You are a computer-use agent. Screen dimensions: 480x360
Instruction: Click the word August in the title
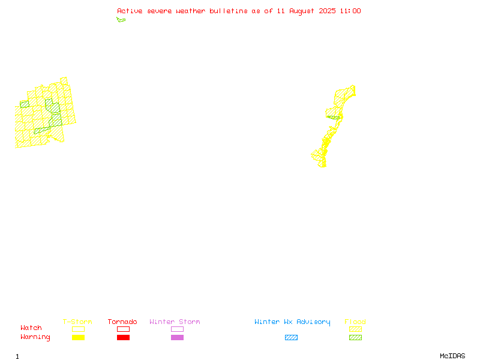pyautogui.click(x=302, y=11)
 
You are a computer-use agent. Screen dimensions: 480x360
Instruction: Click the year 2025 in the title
pyautogui.click(x=327, y=11)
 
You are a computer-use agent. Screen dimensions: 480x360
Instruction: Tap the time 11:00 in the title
pyautogui.click(x=350, y=11)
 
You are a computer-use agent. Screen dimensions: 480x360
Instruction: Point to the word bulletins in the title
pyautogui.click(x=229, y=11)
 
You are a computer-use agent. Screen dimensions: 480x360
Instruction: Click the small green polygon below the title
pyautogui.click(x=121, y=20)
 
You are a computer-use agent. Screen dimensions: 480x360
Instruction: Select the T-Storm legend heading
pyautogui.click(x=77, y=322)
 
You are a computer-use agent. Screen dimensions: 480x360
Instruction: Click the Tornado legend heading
pyautogui.click(x=122, y=322)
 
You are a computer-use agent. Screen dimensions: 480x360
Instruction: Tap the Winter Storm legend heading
pyautogui.click(x=175, y=322)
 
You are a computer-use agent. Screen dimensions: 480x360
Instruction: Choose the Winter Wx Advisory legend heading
pyautogui.click(x=292, y=322)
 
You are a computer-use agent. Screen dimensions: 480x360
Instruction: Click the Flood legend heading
pyautogui.click(x=355, y=322)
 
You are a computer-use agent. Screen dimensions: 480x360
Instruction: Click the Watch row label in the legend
pyautogui.click(x=31, y=328)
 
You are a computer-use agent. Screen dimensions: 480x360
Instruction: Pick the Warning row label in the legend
pyautogui.click(x=35, y=337)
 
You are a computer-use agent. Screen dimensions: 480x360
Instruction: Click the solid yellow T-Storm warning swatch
pyautogui.click(x=79, y=338)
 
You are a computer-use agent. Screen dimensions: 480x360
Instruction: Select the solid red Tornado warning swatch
pyautogui.click(x=124, y=338)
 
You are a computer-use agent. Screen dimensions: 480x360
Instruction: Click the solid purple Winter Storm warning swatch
pyautogui.click(x=177, y=338)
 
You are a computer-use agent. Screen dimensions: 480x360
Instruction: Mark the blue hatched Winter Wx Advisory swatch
pyautogui.click(x=291, y=338)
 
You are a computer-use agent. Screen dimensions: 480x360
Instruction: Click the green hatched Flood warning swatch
pyautogui.click(x=355, y=338)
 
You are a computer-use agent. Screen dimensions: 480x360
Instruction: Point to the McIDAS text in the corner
pyautogui.click(x=452, y=356)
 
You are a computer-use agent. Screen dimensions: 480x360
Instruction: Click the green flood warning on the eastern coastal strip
pyautogui.click(x=334, y=118)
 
